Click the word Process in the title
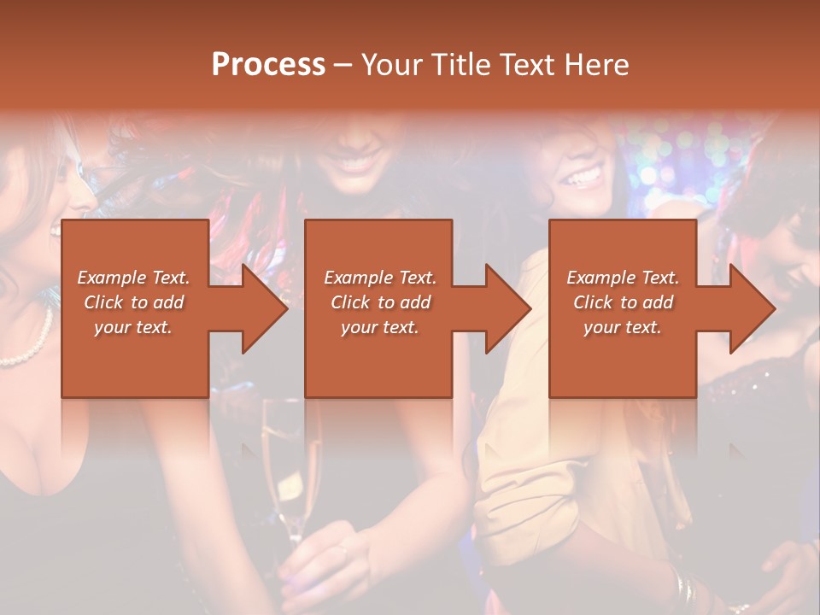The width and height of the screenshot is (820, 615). [268, 64]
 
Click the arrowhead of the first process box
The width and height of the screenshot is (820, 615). [265, 308]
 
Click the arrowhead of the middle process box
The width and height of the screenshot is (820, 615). [508, 308]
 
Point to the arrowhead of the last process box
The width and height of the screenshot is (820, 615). [753, 308]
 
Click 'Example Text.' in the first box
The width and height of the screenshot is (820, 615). [133, 278]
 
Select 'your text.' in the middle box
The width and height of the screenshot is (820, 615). [379, 327]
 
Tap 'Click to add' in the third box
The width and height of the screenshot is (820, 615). [623, 302]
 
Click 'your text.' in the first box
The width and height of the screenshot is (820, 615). [133, 327]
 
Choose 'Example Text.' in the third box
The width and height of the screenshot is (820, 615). [623, 278]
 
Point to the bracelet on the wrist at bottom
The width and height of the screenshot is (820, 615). [682, 588]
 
